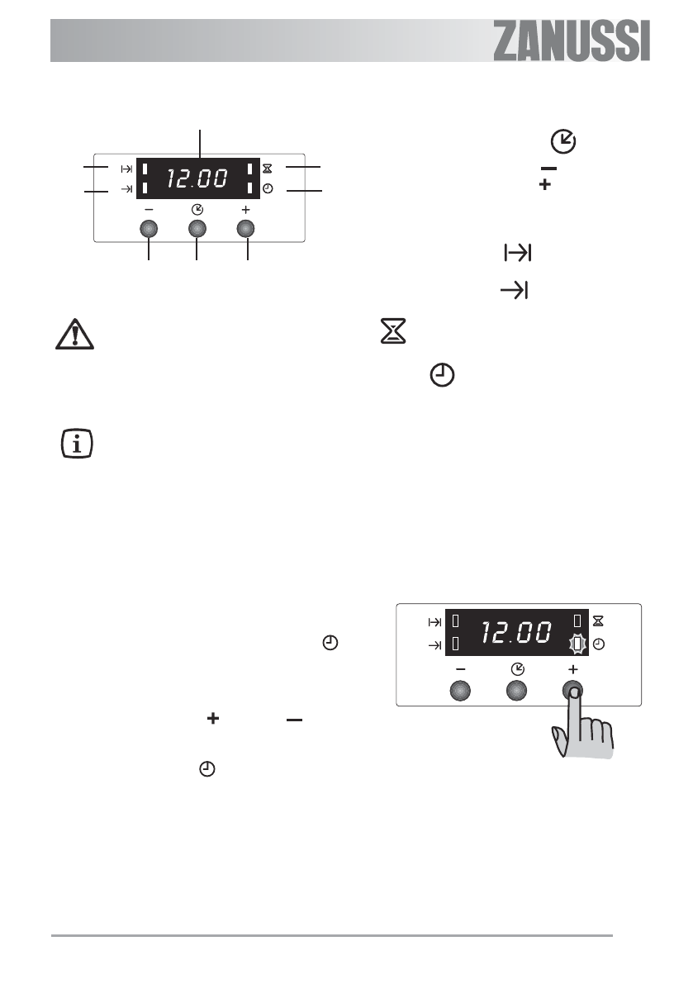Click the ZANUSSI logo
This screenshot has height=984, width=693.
(572, 41)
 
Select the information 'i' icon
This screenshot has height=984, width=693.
(77, 444)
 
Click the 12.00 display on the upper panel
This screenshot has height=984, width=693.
(197, 178)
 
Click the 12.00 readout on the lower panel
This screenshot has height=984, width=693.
(516, 632)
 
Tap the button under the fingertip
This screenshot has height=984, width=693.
(572, 691)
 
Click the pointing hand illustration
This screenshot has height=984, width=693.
(582, 723)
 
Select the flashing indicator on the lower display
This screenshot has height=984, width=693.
(577, 644)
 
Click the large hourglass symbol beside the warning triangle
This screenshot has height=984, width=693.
(393, 330)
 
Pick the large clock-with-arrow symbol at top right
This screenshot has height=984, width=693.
(563, 141)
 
